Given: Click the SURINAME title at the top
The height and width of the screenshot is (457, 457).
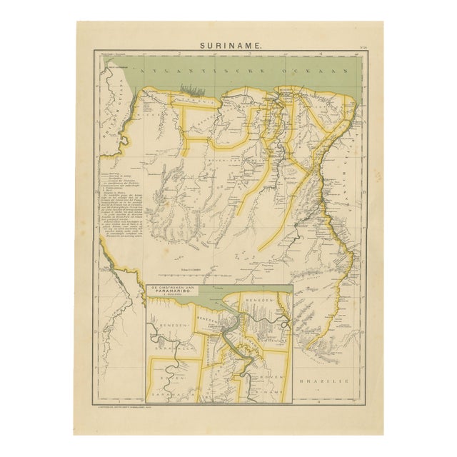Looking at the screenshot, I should (228, 44).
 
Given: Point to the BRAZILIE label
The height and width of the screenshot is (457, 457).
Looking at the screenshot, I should (326, 383).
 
